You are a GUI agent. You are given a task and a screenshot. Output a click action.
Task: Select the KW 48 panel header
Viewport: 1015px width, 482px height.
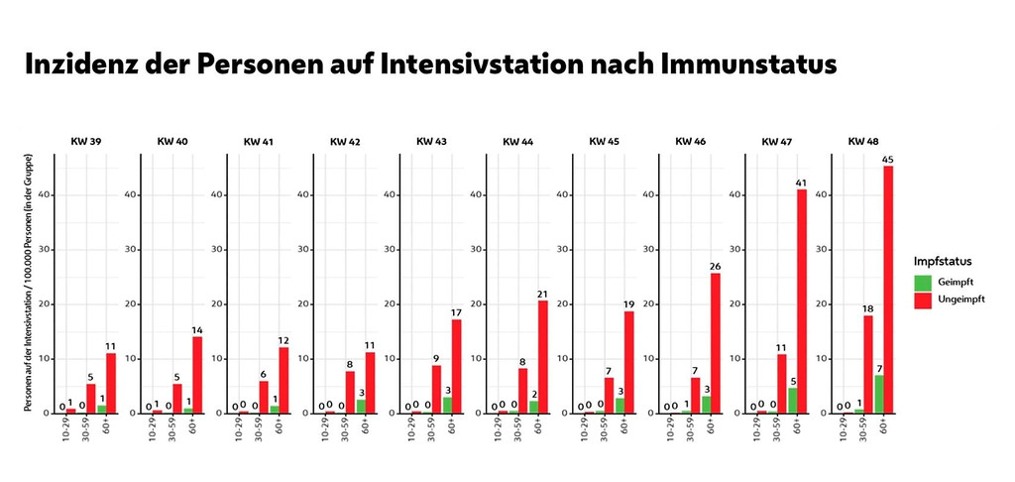tap(861, 142)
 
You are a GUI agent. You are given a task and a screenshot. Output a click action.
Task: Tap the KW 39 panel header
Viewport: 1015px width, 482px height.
tap(85, 142)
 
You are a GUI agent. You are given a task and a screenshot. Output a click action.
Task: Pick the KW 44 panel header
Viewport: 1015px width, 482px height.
tap(516, 142)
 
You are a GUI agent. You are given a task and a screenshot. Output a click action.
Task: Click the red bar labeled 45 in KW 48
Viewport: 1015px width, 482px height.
tap(887, 289)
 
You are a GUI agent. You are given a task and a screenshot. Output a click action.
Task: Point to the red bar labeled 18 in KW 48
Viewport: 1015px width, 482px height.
tap(867, 363)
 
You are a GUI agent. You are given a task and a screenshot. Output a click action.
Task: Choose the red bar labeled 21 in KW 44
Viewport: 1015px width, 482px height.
tap(542, 356)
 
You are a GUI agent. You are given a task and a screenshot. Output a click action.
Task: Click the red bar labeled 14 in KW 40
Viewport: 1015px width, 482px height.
tap(197, 374)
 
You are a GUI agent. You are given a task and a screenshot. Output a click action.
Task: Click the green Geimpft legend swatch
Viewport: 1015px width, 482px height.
tap(923, 282)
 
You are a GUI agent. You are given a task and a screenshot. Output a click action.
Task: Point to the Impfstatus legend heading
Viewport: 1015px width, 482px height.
tap(943, 261)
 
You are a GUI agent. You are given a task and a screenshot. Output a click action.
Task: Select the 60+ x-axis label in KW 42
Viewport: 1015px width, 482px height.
tap(370, 427)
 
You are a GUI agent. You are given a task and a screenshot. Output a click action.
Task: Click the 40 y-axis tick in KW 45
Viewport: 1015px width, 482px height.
tap(562, 194)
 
